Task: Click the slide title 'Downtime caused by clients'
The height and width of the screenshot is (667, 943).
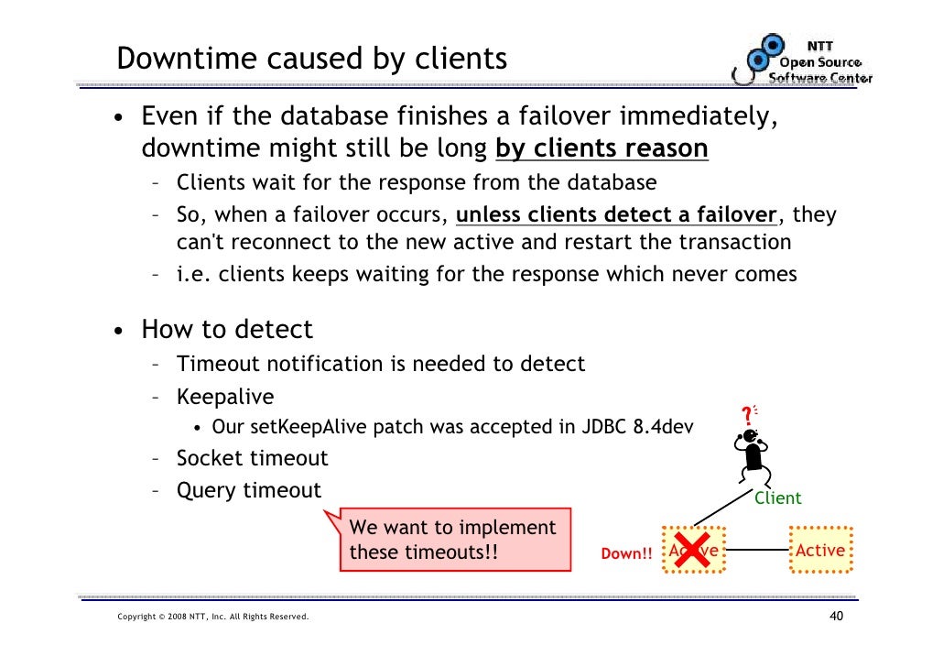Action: (311, 59)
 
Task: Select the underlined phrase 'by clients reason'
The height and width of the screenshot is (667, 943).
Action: (602, 148)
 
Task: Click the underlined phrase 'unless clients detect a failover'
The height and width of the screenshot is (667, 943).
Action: (616, 215)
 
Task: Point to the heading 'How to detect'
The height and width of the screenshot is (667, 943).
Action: (226, 329)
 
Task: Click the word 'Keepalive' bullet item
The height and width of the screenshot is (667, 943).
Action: (225, 397)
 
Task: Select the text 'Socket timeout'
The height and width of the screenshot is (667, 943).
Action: (252, 458)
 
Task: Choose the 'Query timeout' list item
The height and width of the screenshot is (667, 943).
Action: (248, 490)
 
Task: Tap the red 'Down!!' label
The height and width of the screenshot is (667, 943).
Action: (626, 554)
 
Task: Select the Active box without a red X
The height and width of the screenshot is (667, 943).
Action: (819, 551)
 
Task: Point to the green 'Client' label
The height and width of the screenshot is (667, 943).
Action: (777, 498)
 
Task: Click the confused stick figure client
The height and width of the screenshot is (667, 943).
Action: (753, 458)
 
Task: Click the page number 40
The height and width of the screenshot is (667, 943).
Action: (835, 616)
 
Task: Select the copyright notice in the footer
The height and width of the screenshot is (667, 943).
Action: (213, 617)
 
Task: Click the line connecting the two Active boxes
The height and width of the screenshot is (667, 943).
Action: (757, 551)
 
